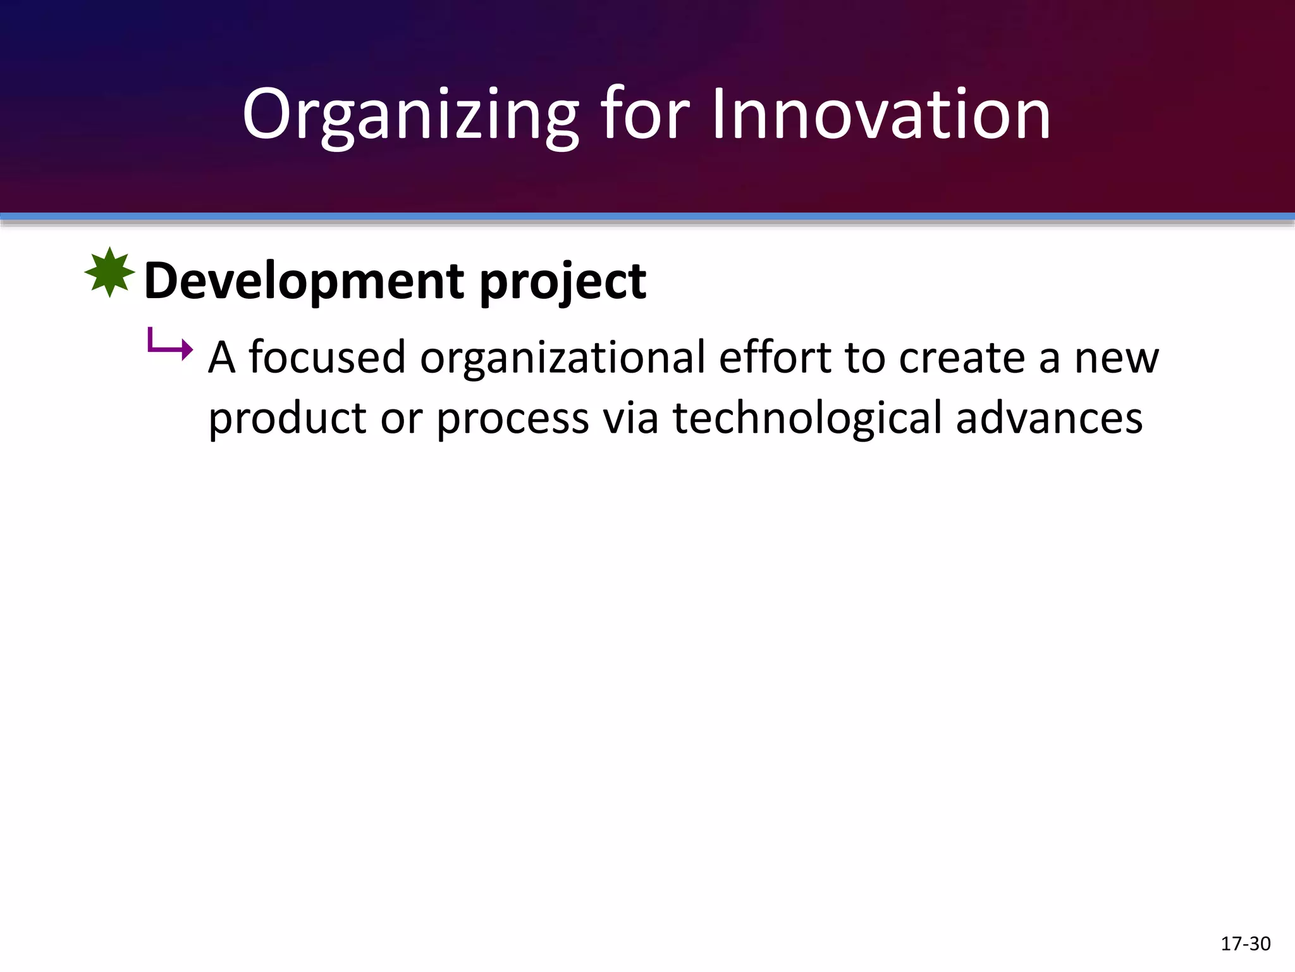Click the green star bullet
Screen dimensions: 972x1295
[109, 273]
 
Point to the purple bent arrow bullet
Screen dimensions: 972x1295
[169, 345]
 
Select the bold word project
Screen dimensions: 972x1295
[563, 282]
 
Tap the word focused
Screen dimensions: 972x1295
[327, 358]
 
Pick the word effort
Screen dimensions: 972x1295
[775, 358]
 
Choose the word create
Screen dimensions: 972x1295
[962, 358]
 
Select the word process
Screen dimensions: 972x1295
[513, 419]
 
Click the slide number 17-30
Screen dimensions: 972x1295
[1245, 944]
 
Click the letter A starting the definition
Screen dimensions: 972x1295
[222, 358]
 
